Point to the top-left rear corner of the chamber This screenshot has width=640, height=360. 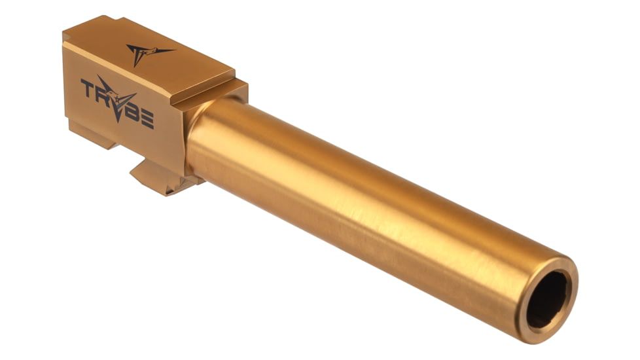point(66,29)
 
